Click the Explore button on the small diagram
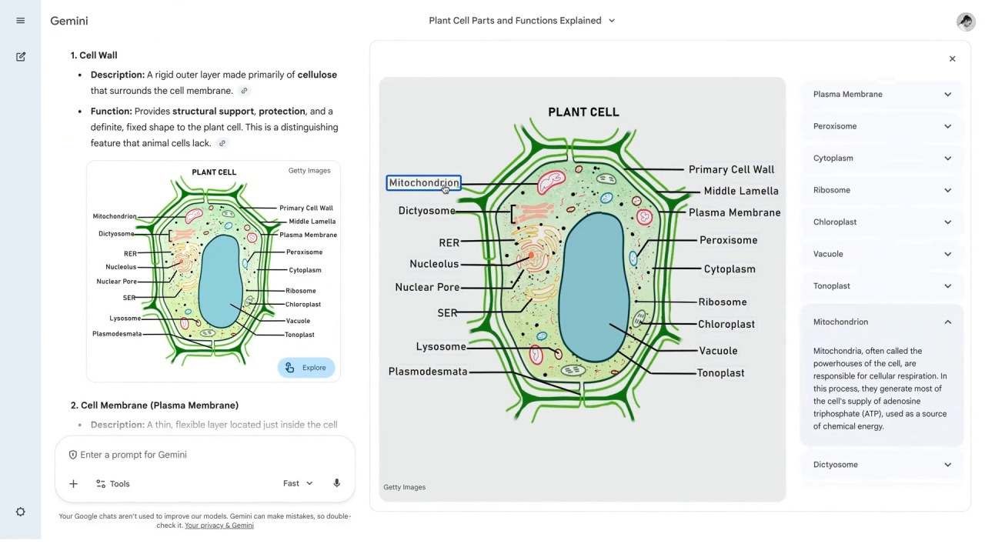pyautogui.click(x=306, y=368)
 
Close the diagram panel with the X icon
pyautogui.click(x=952, y=59)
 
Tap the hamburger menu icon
pyautogui.click(x=20, y=21)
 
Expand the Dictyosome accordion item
pyautogui.click(x=881, y=465)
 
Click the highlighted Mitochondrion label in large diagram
pyautogui.click(x=424, y=183)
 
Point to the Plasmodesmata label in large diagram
pyautogui.click(x=428, y=372)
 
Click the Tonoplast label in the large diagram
pyautogui.click(x=721, y=373)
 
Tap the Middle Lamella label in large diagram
pyautogui.click(x=741, y=191)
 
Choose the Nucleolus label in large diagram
pyautogui.click(x=434, y=264)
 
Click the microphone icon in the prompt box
pyautogui.click(x=336, y=483)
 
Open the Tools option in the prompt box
pyautogui.click(x=113, y=484)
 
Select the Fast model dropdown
pyautogui.click(x=298, y=483)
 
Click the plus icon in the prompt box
pyautogui.click(x=73, y=484)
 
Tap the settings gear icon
pyautogui.click(x=20, y=512)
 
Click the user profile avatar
pyautogui.click(x=966, y=21)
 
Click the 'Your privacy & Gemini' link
pyautogui.click(x=219, y=526)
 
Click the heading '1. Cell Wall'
pyautogui.click(x=94, y=55)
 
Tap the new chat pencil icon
pyautogui.click(x=20, y=57)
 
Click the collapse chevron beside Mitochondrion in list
pyautogui.click(x=947, y=322)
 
